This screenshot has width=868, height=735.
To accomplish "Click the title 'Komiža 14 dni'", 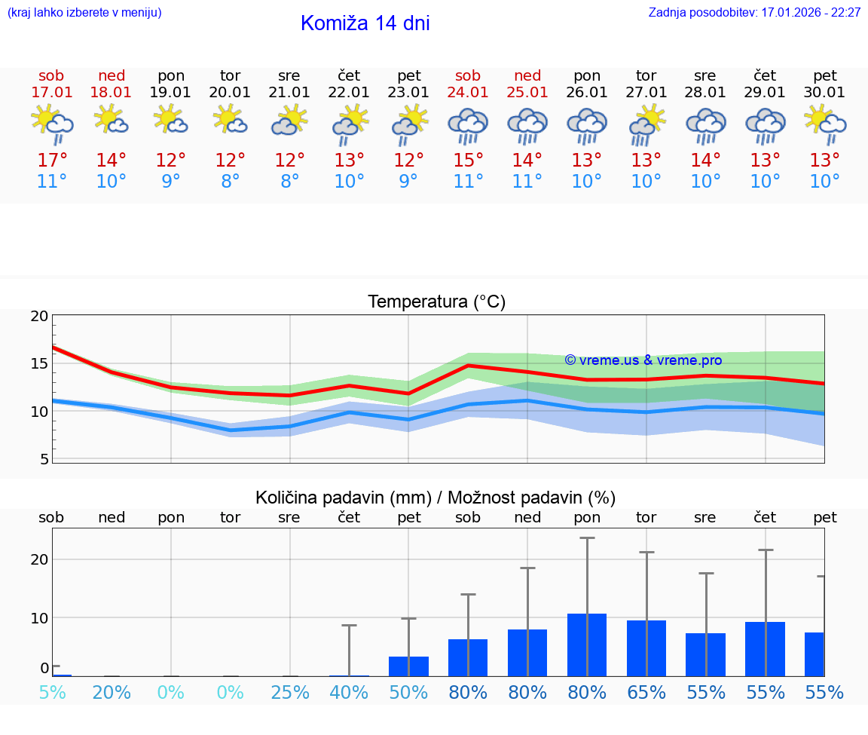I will tap(365, 23).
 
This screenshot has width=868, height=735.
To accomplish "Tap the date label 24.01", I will tap(468, 93).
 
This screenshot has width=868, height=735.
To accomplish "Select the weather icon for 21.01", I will tap(289, 121).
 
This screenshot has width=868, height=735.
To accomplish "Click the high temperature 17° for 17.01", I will tap(51, 160).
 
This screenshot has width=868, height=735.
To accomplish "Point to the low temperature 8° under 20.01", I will tap(230, 181).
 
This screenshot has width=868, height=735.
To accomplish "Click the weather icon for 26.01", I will tap(587, 126).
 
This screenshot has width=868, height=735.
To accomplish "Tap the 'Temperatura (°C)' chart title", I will tap(436, 302).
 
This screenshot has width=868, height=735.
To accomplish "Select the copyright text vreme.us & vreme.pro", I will tap(643, 360).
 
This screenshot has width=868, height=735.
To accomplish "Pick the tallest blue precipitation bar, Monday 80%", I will tap(587, 645).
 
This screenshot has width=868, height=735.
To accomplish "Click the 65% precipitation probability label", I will tap(646, 693).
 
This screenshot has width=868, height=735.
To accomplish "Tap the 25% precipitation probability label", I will tap(289, 693).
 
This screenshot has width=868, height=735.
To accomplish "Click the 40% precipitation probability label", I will tap(349, 693).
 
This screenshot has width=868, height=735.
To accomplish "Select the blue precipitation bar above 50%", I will tap(408, 666).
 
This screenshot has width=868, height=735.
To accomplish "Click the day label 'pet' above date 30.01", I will tap(824, 75).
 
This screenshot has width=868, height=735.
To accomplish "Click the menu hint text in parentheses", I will tap(84, 13).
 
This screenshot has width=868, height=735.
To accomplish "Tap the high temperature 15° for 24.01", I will tap(468, 160).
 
